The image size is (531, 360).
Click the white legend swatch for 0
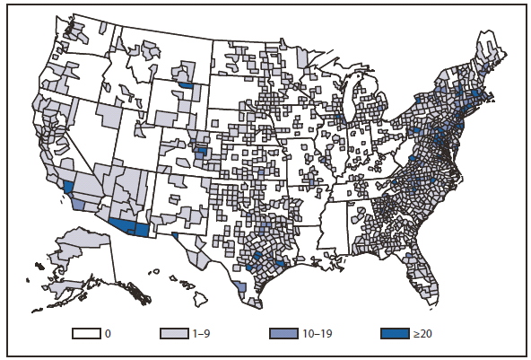tap(86, 333)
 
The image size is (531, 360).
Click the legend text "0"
tap(108, 334)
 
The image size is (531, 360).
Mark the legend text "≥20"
tap(420, 334)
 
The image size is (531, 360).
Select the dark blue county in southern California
tap(69, 186)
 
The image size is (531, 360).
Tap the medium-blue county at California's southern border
tap(79, 204)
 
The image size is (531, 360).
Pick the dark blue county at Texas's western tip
tap(174, 236)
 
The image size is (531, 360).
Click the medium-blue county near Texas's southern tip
tap(239, 286)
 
